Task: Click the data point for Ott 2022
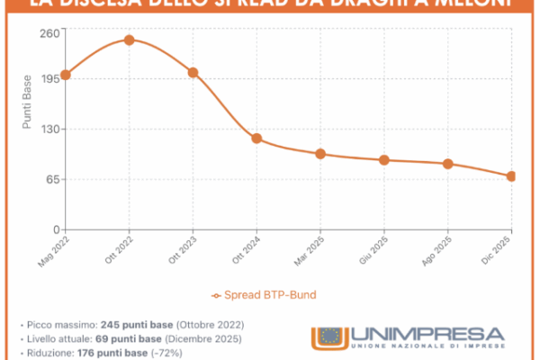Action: click(129, 40)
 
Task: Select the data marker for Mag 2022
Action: click(65, 75)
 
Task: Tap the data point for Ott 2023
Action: click(193, 73)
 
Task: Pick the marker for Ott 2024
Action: click(256, 139)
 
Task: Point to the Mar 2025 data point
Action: click(320, 154)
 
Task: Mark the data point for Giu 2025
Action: click(384, 160)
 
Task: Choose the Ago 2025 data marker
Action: click(448, 164)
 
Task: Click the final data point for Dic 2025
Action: click(511, 176)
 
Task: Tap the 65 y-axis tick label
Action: click(50, 179)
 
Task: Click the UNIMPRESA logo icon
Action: click(327, 337)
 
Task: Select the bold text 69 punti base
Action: click(123, 338)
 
